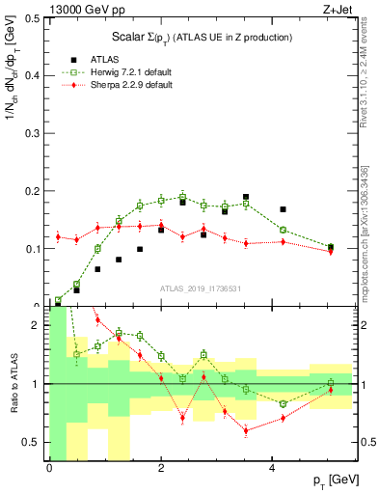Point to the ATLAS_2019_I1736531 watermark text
pyautogui.click(x=201, y=288)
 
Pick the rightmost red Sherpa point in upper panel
pyautogui.click(x=331, y=252)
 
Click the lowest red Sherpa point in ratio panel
pyautogui.click(x=246, y=430)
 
